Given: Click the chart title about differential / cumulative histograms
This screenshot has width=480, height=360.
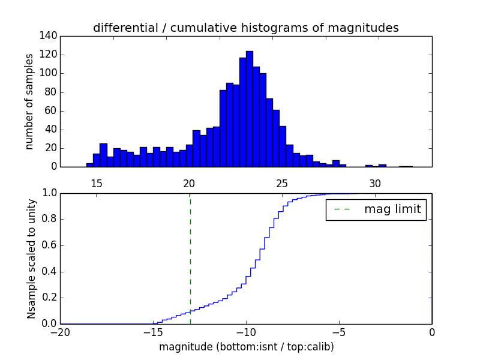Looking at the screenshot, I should click(245, 28).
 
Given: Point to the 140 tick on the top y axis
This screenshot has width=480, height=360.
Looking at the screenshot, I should click(50, 36).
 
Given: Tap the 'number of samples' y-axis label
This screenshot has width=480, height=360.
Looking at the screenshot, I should click(29, 101).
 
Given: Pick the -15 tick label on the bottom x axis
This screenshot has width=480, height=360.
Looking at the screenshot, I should click(152, 332).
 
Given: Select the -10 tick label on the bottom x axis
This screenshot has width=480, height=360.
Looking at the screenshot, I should click(245, 332).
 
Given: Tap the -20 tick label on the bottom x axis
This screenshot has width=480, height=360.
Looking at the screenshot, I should click(60, 332).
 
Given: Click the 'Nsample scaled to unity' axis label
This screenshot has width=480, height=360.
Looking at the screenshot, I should click(31, 258).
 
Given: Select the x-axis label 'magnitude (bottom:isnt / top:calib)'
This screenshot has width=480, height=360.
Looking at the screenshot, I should click(246, 347).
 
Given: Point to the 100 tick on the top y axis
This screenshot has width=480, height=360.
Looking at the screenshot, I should click(50, 73).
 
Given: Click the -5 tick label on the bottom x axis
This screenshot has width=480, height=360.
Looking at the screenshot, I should click(338, 332).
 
